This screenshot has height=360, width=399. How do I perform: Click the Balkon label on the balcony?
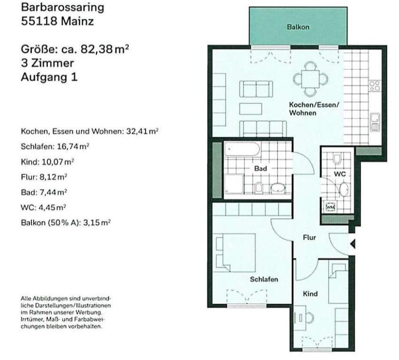pos(298,27)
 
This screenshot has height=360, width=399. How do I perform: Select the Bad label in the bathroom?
pos(261,169)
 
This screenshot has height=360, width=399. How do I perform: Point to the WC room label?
pos(340,173)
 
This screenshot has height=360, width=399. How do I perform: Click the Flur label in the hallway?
pos(309,237)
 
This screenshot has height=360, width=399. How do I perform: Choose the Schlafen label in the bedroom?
pos(264,279)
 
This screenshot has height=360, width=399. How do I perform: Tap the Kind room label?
pos(310,293)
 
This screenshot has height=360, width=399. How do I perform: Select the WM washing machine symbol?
pos(331,206)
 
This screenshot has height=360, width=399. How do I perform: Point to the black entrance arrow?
pos(352,244)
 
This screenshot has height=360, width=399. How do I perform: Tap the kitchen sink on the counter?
pos(374,120)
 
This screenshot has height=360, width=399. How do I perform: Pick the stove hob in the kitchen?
pos(374,86)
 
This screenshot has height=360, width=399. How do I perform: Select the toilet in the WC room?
pos(337,158)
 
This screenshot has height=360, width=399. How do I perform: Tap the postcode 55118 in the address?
pos(40,22)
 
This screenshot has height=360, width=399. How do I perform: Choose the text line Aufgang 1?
pos(49,77)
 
